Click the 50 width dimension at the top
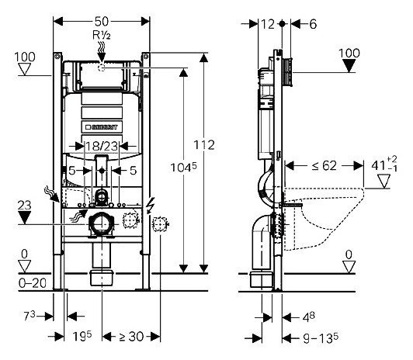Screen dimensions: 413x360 [102, 22]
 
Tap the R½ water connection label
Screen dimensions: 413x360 [102, 35]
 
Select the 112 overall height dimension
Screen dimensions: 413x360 [204, 145]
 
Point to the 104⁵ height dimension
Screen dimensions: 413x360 [183, 167]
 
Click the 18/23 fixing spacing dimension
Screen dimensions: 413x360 [102, 147]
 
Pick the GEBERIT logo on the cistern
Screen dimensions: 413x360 [102, 127]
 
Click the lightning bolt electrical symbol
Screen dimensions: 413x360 [151, 206]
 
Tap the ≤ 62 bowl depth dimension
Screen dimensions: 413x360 [324, 166]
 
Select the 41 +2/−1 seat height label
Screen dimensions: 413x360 [384, 164]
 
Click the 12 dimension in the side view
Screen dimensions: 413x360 [268, 24]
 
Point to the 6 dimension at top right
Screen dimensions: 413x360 [313, 24]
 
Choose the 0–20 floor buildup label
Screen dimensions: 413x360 [33, 283]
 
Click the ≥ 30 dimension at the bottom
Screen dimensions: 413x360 [131, 337]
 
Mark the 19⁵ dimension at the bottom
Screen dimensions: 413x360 [82, 336]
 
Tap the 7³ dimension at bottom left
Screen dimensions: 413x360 [29, 316]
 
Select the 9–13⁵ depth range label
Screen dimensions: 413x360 [321, 338]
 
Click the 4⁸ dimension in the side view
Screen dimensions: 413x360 [308, 317]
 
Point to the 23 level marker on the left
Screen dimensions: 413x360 [24, 206]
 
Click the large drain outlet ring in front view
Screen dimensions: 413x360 [102, 223]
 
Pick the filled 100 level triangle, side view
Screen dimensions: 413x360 [349, 65]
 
